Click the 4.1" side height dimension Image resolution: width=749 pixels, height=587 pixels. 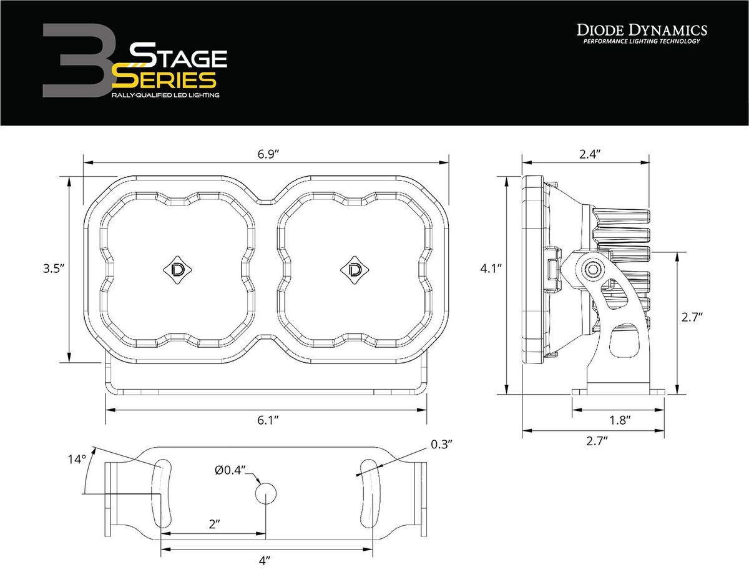pos(491,269)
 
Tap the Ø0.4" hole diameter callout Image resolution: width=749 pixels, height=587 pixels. pos(231,470)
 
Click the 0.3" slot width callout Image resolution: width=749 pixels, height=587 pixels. pos(441,444)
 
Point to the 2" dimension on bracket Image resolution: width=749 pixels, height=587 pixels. pos(213,524)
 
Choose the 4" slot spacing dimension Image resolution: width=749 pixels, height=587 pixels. pos(265,561)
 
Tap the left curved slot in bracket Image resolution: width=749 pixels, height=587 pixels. pos(162,493)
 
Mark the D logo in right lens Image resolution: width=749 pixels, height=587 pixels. pos(354,269)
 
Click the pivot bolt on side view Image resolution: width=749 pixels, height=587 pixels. pos(591,270)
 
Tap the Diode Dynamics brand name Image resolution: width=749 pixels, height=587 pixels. pos(641,29)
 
